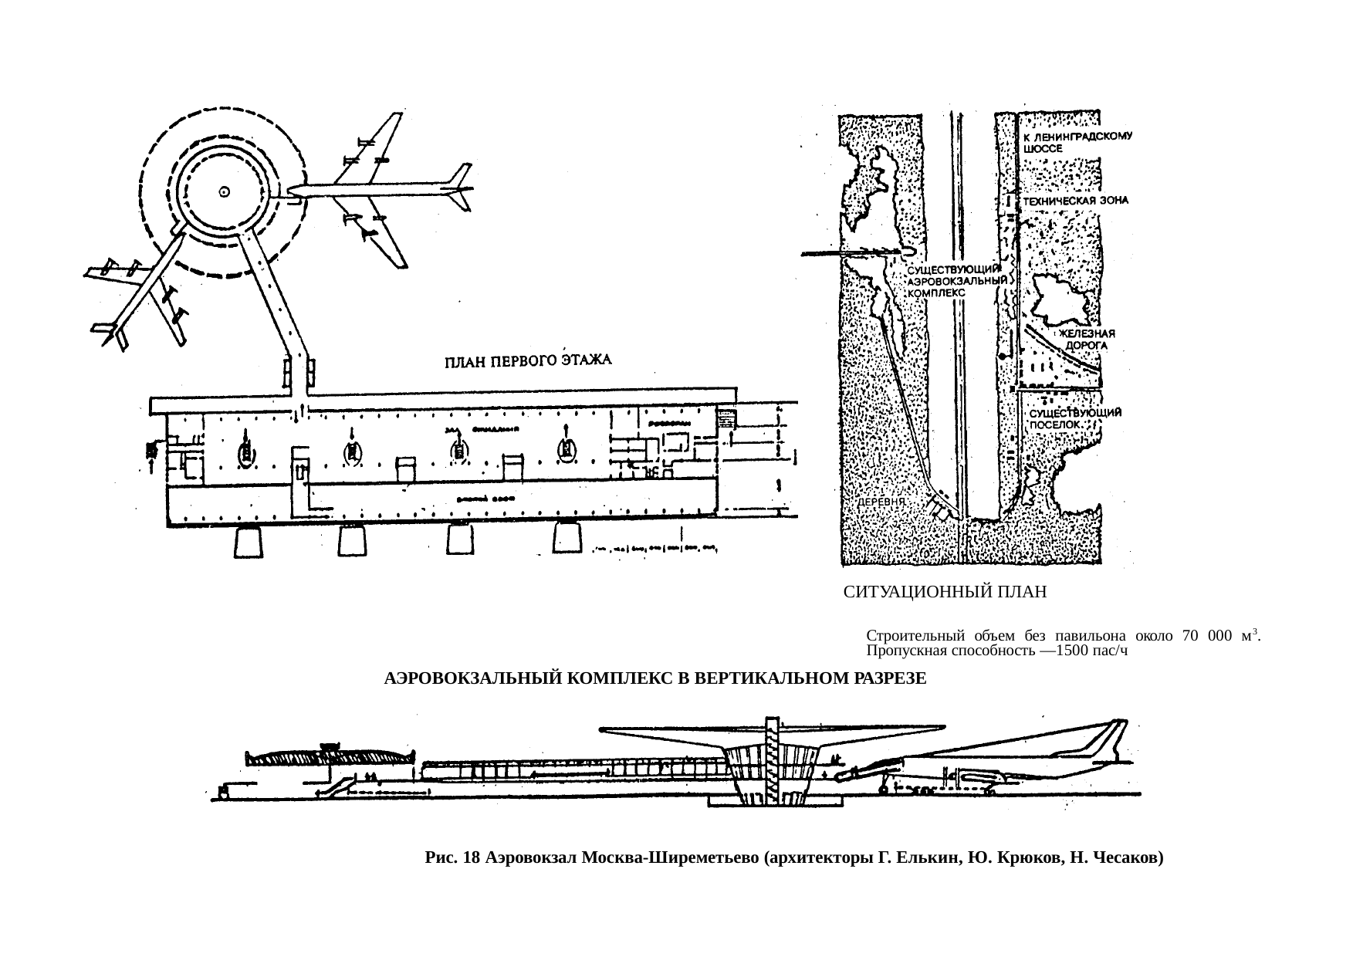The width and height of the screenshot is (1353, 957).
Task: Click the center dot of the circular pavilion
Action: (224, 191)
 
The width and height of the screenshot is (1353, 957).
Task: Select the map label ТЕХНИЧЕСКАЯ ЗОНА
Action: (1077, 201)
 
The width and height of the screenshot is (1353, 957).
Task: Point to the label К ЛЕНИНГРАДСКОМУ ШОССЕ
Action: (1077, 143)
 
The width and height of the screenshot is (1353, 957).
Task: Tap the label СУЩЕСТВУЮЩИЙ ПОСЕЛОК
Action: (1075, 418)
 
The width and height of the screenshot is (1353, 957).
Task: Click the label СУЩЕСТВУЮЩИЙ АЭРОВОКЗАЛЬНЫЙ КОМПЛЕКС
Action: (956, 282)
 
